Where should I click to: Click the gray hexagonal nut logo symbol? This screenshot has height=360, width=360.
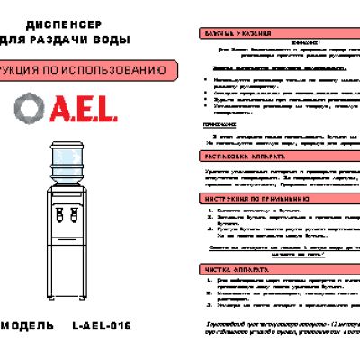[28, 108]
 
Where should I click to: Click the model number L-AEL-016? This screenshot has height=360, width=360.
[101, 325]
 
